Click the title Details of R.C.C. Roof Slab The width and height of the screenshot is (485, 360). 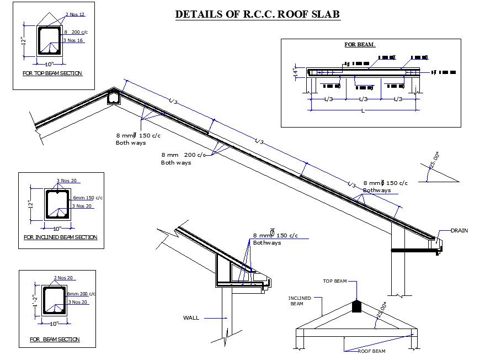257,14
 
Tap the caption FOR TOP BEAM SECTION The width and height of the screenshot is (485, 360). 52,73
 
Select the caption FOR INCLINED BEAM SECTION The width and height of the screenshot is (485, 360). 61,237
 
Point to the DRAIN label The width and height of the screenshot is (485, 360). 459,230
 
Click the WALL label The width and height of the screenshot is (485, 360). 191,317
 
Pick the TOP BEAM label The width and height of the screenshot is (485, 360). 335,281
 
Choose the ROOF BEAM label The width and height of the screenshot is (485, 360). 371,351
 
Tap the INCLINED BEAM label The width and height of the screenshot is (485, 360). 300,301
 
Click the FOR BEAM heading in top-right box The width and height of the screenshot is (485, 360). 360,45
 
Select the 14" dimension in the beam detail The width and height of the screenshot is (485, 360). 296,72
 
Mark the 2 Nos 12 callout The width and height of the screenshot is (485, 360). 75,14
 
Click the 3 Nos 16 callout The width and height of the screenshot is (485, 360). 73,40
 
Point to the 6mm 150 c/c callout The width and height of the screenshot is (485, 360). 88,197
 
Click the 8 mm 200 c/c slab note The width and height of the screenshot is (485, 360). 183,155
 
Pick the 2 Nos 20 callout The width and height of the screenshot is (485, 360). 63,278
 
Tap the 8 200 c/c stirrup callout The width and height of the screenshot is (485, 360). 77,33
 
